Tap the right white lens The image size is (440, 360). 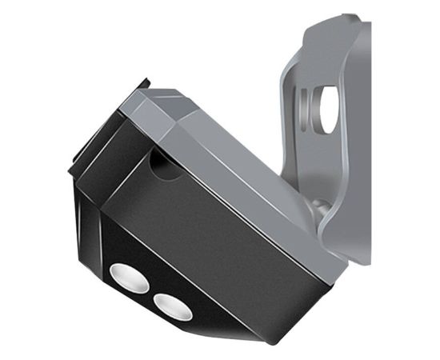pos(172,304)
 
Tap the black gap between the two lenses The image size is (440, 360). pos(150,290)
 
